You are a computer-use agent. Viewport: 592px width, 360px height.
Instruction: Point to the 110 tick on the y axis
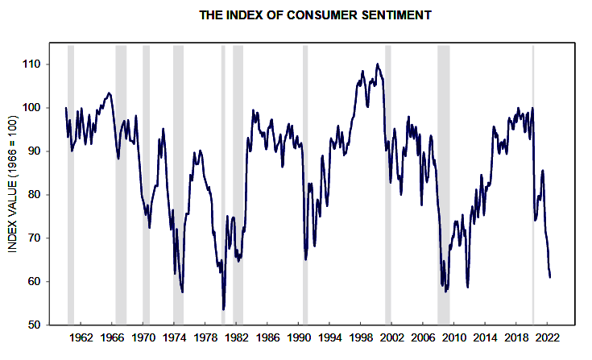coord(34,64)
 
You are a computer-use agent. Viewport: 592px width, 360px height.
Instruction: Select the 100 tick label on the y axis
coord(34,108)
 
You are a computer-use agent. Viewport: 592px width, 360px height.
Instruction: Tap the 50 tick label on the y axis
coord(36,325)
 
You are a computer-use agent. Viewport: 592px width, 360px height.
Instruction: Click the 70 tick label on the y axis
coord(36,238)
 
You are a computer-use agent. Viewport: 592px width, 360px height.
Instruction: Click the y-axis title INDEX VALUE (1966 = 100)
coord(13,184)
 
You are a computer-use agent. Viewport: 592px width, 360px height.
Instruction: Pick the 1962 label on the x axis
coord(81,339)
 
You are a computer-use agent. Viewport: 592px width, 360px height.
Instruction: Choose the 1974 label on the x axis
coord(175,339)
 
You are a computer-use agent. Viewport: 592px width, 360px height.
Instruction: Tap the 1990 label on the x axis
coord(299,339)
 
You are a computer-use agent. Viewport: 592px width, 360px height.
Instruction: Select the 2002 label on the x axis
coord(392,339)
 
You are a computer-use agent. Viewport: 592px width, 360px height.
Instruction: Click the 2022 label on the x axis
coord(548,339)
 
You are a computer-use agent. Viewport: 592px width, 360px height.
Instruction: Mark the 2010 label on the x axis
coord(454,339)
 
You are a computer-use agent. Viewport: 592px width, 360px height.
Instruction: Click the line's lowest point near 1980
coord(223,308)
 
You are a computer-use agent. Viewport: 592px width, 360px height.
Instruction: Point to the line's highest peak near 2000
coord(378,64)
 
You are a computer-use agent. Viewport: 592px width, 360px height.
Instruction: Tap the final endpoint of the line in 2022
coord(550,277)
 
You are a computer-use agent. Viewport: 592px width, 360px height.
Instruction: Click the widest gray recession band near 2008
coord(443,184)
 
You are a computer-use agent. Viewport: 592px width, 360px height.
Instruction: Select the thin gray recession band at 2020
coord(533,184)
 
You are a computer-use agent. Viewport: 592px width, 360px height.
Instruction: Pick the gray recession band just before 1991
coord(305,184)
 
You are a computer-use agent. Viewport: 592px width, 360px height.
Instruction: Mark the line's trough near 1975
coord(183,292)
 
